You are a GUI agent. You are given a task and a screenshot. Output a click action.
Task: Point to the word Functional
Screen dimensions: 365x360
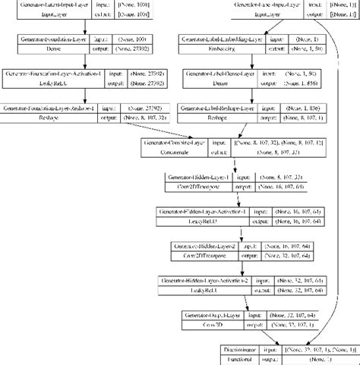(x=235, y=359)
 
